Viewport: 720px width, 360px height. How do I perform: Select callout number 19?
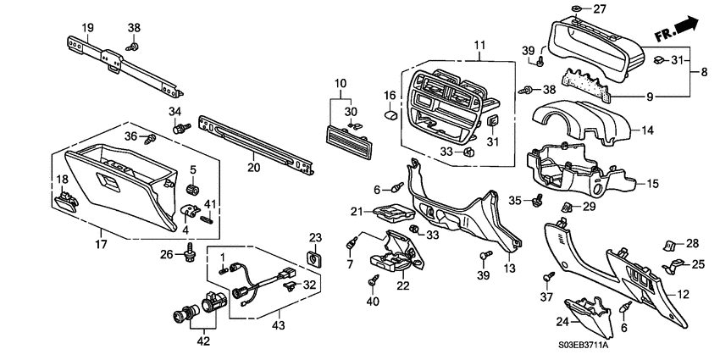[x=87, y=28]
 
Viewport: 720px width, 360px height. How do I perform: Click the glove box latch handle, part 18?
[x=65, y=201]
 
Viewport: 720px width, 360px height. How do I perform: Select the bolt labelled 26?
[x=190, y=251]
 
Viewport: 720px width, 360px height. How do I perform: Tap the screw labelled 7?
[x=348, y=243]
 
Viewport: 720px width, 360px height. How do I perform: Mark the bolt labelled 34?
[x=180, y=130]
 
